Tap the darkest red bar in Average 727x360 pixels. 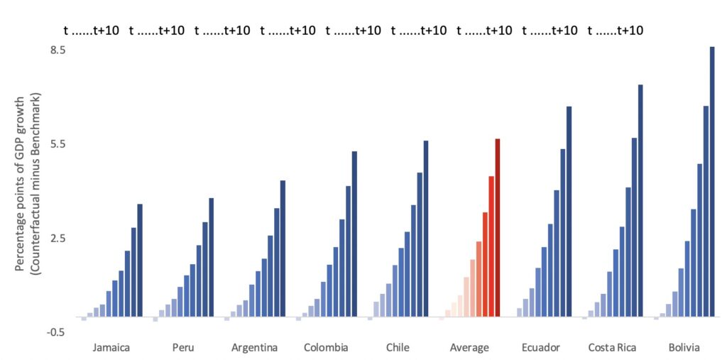498,227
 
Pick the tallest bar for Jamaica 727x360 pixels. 140,260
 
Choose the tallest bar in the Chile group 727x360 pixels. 426,228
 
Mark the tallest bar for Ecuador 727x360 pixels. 569,211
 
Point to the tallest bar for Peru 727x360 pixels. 211,257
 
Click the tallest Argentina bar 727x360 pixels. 283,249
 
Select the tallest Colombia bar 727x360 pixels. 354,234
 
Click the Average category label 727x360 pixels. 469,348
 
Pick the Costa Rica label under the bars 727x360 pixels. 612,348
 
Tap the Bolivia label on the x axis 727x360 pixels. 684,348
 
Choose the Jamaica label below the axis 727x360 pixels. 111,348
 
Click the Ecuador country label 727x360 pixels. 540,348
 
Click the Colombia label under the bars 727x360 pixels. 326,348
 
